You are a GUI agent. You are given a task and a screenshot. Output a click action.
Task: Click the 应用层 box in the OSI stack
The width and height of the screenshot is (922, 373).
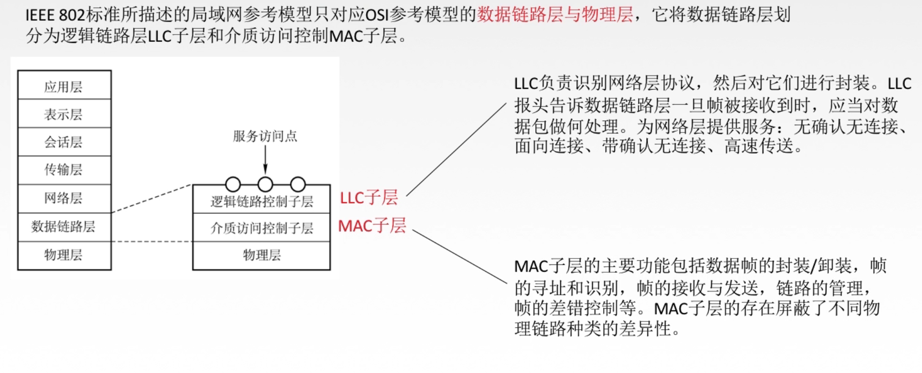(64, 86)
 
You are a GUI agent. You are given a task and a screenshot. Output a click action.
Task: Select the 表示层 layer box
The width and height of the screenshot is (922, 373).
(64, 114)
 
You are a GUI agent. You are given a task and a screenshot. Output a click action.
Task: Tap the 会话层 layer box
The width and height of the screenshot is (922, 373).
(64, 142)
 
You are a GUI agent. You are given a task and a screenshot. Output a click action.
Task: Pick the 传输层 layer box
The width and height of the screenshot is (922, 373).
(64, 169)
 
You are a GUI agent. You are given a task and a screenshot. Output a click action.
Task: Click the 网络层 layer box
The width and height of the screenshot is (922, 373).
(64, 198)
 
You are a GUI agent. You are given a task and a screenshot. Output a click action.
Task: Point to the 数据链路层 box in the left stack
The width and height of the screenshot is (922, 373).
(64, 226)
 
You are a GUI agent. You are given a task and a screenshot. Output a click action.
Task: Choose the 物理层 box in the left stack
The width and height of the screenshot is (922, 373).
(64, 255)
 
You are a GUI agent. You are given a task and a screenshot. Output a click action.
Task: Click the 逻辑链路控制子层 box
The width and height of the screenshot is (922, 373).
(261, 201)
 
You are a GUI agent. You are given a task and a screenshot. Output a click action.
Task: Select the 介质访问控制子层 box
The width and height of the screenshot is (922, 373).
(261, 227)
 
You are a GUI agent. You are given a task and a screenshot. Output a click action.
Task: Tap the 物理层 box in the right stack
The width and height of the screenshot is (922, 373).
(261, 255)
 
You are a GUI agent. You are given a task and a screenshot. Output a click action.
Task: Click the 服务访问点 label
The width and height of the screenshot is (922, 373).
(265, 136)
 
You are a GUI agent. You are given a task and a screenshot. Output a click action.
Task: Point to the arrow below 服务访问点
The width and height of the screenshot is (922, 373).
(265, 159)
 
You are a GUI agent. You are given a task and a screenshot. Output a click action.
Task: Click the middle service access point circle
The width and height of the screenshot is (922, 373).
(265, 184)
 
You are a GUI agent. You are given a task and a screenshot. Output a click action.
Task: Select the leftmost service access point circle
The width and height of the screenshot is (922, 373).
(233, 184)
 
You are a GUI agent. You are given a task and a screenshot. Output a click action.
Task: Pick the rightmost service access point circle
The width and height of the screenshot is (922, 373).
(298, 184)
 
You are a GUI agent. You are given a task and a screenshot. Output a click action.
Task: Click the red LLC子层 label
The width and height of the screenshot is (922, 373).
(369, 198)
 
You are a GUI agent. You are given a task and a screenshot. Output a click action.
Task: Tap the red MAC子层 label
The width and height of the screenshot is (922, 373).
(372, 226)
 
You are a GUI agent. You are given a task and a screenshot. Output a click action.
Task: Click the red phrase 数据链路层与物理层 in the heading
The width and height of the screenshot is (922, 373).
(555, 15)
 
